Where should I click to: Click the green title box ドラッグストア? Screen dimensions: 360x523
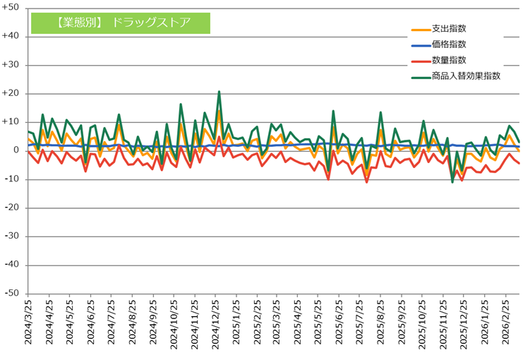tap(121, 21)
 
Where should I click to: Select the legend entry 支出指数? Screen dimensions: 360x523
tap(447, 29)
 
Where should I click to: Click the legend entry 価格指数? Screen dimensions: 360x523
tap(447, 44)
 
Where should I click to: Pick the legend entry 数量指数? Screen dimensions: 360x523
tap(447, 60)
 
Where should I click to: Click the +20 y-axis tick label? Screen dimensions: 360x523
tap(11, 93)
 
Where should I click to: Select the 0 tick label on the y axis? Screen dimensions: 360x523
tap(16, 150)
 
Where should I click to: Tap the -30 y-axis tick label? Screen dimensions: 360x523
tap(12, 236)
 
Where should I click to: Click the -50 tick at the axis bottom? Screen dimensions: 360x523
tap(12, 294)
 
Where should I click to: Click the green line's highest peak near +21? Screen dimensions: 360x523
tap(220, 92)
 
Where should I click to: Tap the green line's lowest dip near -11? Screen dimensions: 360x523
tap(452, 182)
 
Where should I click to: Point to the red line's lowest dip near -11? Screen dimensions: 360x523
tap(367, 182)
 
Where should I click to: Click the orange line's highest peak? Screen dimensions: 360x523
tap(220, 109)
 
